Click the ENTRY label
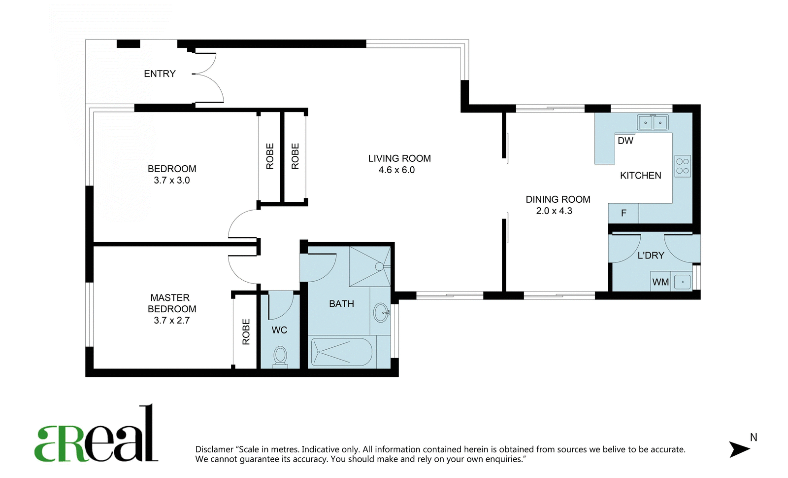(x=160, y=74)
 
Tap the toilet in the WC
(x=280, y=357)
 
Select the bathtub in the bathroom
(x=341, y=352)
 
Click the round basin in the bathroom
(x=381, y=312)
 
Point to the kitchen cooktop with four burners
(x=683, y=166)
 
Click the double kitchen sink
(x=653, y=122)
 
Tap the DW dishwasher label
(x=625, y=141)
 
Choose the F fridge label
(x=624, y=213)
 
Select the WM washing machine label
(x=660, y=282)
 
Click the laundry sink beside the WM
(x=683, y=282)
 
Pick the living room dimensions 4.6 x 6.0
(x=396, y=170)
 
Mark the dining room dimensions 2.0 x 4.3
(x=554, y=211)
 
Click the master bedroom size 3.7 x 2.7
(x=172, y=321)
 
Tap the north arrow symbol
(x=740, y=449)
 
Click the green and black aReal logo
(x=96, y=434)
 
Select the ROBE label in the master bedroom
(x=246, y=332)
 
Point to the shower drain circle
(x=379, y=267)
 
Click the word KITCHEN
(x=641, y=176)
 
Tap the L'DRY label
(x=651, y=256)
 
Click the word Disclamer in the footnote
(x=215, y=449)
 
